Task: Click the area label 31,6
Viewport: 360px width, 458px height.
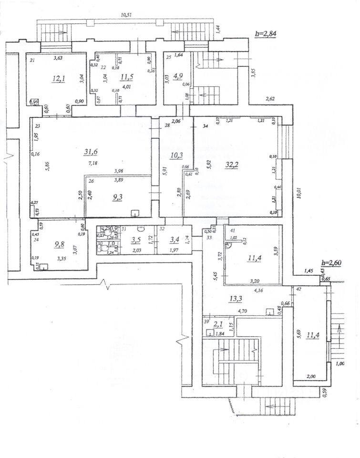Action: click(x=90, y=152)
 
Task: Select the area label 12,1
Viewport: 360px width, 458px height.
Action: click(x=59, y=79)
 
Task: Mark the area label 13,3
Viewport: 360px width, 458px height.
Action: click(x=235, y=299)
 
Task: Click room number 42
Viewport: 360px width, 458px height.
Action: click(x=298, y=289)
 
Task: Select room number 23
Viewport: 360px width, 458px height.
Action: click(x=37, y=126)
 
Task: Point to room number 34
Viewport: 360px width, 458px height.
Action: click(x=206, y=126)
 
